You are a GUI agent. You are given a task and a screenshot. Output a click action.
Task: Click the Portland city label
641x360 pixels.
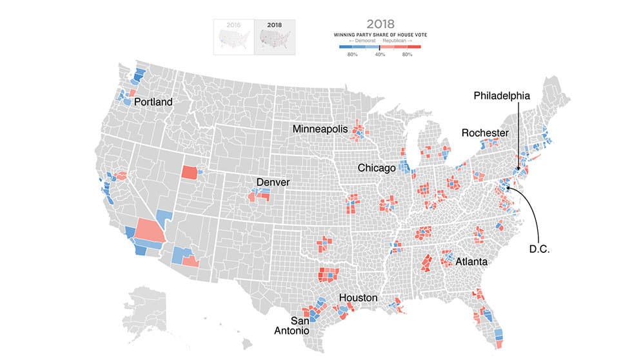pos(153,102)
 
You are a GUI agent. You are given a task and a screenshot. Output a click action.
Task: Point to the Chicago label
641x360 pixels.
pos(377,168)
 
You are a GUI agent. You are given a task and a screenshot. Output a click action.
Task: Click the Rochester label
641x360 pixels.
pos(485,133)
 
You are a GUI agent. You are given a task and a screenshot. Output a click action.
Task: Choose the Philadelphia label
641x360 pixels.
pos(502,95)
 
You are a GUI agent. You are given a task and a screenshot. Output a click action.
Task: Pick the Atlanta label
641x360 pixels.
pos(471,262)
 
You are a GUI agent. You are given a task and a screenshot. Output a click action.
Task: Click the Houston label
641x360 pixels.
pos(358,297)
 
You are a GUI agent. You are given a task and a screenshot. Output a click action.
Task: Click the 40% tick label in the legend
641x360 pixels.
pos(380,54)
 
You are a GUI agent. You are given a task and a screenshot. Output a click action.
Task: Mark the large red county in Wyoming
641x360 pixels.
pos(190,172)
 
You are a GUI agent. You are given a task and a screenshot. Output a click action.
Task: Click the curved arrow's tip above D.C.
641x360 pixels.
pos(508,188)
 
